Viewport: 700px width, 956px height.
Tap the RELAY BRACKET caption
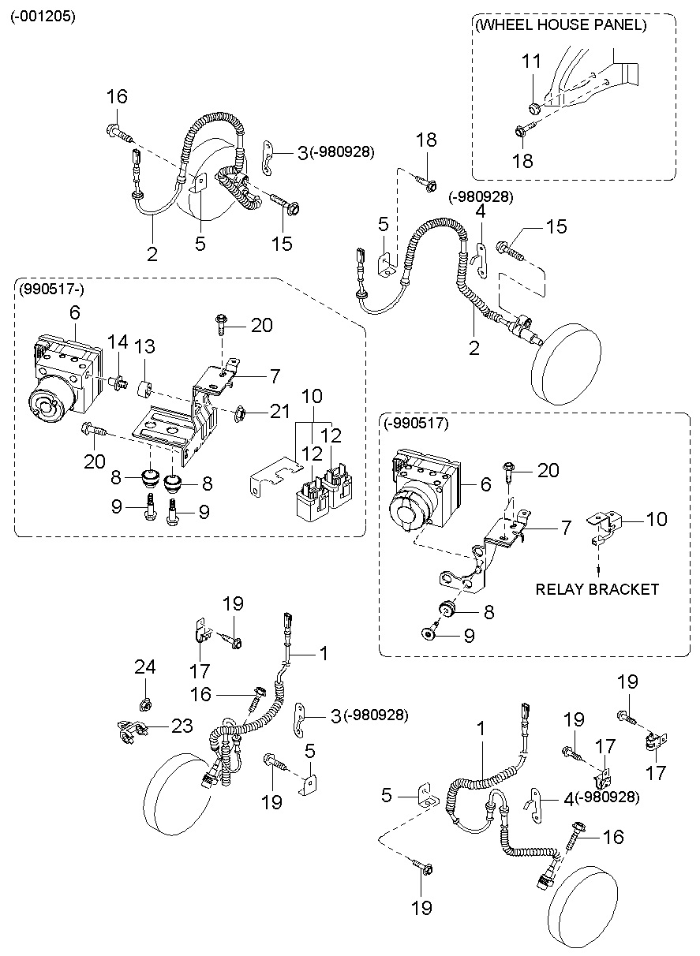pyautogui.click(x=597, y=589)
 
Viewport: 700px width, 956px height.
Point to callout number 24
pyautogui.click(x=144, y=667)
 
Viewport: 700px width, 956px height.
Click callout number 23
pyautogui.click(x=182, y=726)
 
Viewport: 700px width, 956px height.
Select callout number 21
pyautogui.click(x=280, y=410)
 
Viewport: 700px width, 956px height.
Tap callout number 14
pyautogui.click(x=118, y=342)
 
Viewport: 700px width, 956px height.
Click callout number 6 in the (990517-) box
pyautogui.click(x=74, y=312)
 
